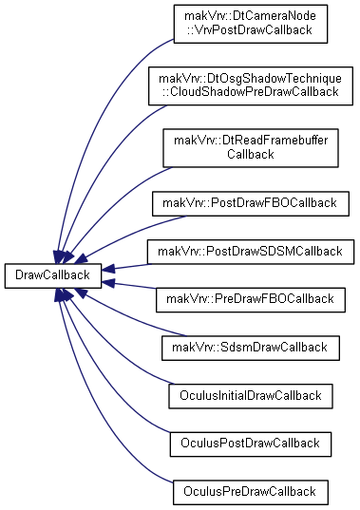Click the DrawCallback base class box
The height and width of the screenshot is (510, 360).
pos(52,275)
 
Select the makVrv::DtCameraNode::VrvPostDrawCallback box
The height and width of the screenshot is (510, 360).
pos(251,24)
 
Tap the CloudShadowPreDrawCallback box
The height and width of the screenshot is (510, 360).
pos(251,85)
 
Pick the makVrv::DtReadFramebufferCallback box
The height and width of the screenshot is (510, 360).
pos(251,148)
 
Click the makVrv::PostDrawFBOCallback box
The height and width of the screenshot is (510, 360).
pos(251,203)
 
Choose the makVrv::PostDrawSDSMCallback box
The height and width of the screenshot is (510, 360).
pos(251,252)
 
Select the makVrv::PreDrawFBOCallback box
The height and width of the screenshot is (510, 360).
pos(251,300)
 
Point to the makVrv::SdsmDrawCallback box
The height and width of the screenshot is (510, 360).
pos(251,348)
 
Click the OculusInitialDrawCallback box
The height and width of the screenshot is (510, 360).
pos(251,396)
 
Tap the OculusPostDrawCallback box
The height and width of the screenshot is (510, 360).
pos(251,444)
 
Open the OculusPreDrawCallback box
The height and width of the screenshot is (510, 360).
pos(251,493)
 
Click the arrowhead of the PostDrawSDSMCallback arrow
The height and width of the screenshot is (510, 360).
pos(107,269)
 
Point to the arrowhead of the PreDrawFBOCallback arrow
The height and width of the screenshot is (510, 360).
pos(107,283)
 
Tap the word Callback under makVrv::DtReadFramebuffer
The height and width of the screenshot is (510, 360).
pos(251,154)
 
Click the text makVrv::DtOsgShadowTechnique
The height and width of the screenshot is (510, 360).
pos(251,79)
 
